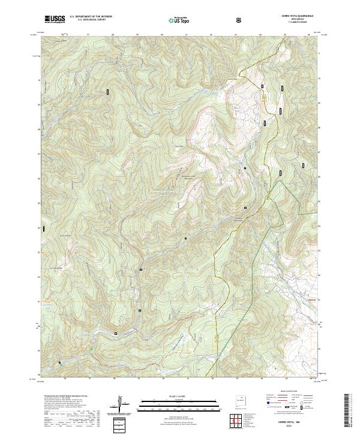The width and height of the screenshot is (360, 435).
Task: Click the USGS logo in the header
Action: coord(55,19)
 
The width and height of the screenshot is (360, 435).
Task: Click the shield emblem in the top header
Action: coord(240,20)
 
